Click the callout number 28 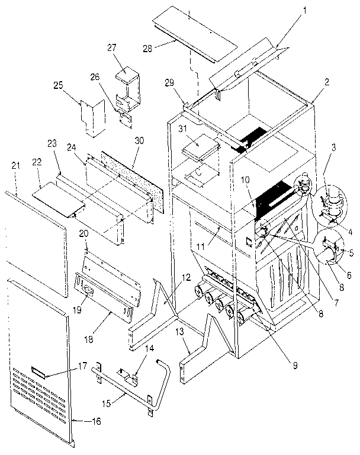click(146, 47)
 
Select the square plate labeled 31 click(198, 145)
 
